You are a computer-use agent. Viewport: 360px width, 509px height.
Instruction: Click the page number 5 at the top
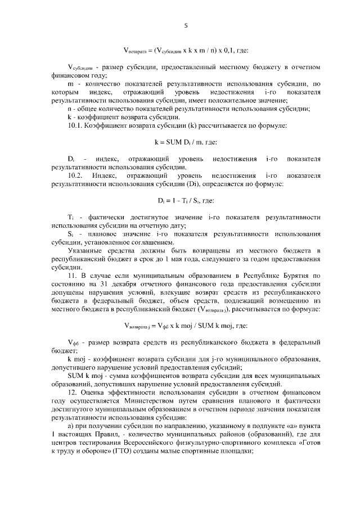[185, 25]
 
